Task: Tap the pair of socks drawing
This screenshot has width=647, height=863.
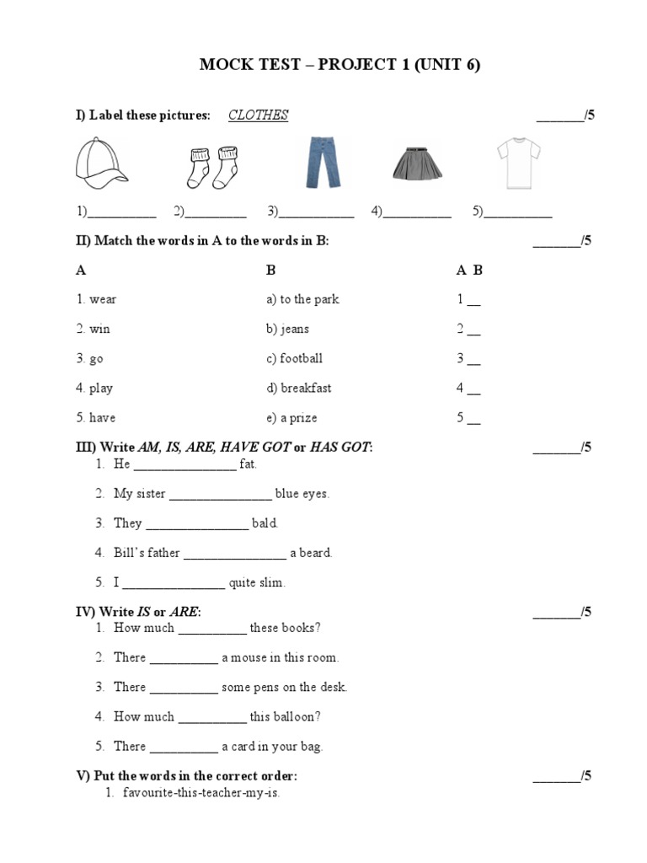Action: coord(211,167)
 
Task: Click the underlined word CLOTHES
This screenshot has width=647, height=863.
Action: coord(258,115)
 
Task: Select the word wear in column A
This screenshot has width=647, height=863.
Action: coord(103,299)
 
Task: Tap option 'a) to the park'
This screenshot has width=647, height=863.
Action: coord(302,299)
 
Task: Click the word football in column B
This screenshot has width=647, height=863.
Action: coord(301,359)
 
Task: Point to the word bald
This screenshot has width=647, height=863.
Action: coord(265,523)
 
